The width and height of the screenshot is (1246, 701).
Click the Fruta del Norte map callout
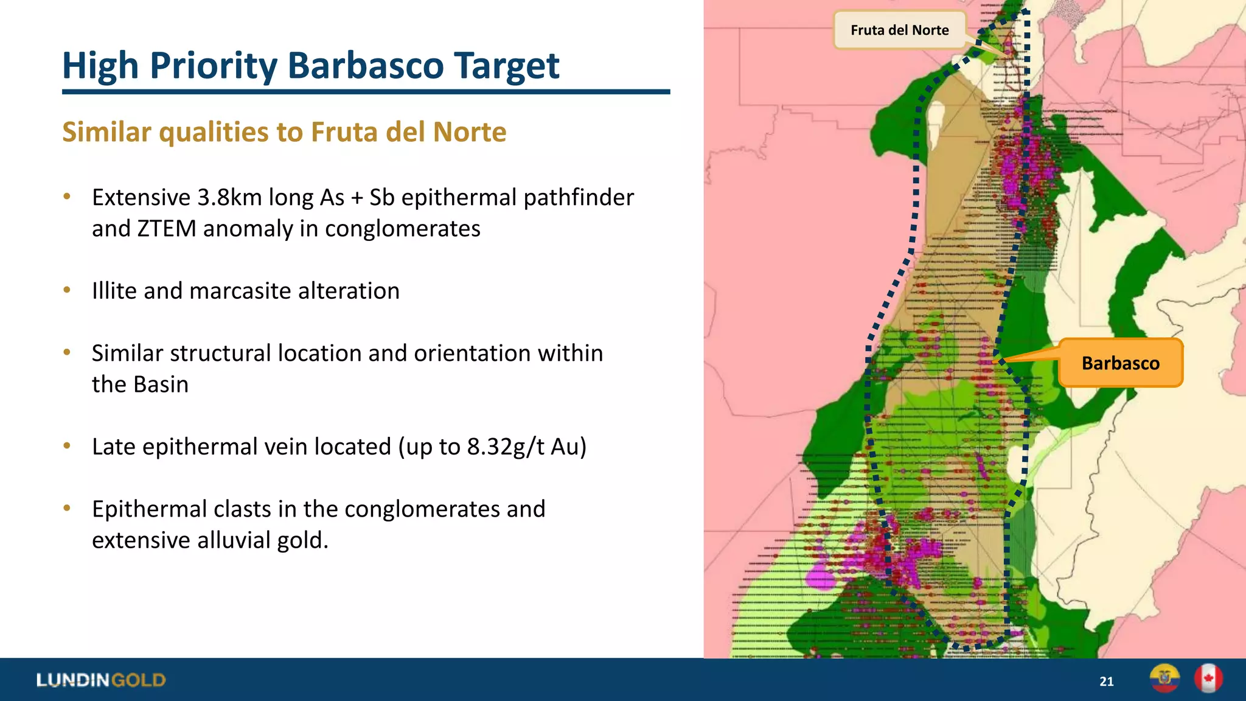[899, 30]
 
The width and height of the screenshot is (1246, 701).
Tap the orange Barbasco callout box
[1121, 363]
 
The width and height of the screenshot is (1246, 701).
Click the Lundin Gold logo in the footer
[101, 680]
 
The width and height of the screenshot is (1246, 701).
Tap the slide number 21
[1107, 682]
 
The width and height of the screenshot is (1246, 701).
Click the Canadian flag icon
[1208, 678]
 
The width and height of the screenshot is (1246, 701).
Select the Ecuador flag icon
[1164, 678]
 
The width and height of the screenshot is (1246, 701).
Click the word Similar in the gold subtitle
[106, 132]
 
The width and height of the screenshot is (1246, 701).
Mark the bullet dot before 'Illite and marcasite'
[68, 290]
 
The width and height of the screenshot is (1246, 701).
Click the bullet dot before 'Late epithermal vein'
[68, 446]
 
